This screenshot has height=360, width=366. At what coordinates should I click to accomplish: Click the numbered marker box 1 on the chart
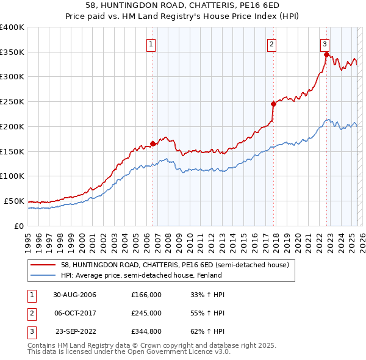pos(151,43)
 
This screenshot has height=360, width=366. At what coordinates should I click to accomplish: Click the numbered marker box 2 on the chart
pos(271,43)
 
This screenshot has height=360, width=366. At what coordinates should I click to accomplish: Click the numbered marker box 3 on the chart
pos(325,43)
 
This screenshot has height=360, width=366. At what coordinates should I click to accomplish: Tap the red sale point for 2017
pos(273,104)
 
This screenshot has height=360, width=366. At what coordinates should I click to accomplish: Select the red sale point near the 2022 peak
pos(326,54)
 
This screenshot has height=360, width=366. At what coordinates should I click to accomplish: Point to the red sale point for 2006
pos(153,143)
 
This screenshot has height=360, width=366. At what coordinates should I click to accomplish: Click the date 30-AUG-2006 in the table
pos(74,295)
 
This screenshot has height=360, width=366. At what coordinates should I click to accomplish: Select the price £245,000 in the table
pos(146,313)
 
